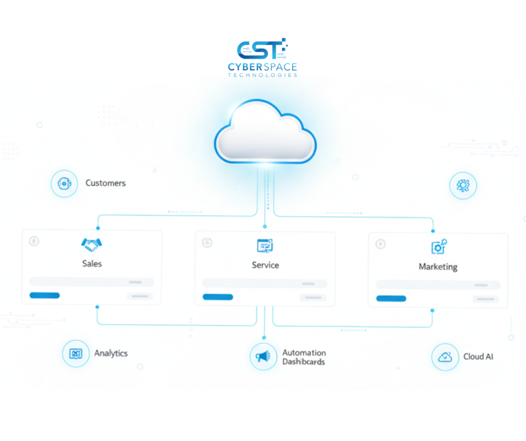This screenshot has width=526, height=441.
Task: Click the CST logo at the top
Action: pos(262,50)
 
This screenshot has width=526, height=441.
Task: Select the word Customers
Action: pos(105,183)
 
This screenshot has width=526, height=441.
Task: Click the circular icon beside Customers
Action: pos(64,184)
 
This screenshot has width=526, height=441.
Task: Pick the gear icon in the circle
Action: pos(463,186)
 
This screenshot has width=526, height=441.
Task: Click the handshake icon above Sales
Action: pos(92,244)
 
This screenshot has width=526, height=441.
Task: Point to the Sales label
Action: pos(92,263)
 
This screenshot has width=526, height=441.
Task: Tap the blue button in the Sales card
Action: pos(45,295)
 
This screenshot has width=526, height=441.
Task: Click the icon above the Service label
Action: pos(265,245)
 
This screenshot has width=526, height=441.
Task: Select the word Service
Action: pos(265,265)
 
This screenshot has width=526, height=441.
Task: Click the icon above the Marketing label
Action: pos(439,247)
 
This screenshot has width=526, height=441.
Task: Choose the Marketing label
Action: pos(438,267)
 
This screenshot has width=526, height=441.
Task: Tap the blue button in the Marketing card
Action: pos(391,298)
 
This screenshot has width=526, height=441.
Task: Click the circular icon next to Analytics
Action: pos(76,354)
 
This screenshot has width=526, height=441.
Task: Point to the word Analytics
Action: pos(111,353)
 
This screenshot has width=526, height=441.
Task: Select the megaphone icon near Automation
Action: pos(263,356)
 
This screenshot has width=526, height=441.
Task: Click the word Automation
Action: pos(304,353)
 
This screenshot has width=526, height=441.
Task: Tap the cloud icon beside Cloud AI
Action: pos(445,357)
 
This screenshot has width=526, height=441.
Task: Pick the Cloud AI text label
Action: pos(478,356)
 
